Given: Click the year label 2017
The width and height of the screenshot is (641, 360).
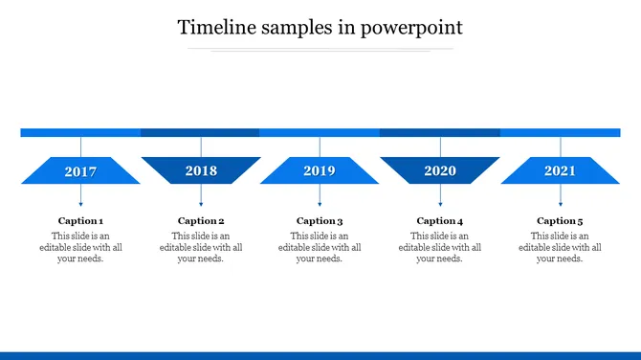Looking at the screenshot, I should point(80,172).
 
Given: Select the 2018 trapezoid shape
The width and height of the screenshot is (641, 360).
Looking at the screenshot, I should point(201,170).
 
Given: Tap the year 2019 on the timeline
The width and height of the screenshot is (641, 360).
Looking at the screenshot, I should point(320,171).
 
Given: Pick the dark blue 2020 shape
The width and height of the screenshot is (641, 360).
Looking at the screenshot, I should point(440,170).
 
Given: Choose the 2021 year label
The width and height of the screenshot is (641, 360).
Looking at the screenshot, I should point(560,171).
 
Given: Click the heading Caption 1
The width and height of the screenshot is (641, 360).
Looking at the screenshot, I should point(80,221).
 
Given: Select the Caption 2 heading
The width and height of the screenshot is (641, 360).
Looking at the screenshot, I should point(201,221).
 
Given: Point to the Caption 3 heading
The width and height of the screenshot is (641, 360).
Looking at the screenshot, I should point(320,221).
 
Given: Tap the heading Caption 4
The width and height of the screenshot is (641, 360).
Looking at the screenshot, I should point(440,221).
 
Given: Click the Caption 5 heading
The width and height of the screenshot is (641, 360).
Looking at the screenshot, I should point(560,221).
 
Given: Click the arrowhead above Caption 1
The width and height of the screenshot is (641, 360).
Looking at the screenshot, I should point(80,203).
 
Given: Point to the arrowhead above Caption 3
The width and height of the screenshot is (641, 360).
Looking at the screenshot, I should point(320,203).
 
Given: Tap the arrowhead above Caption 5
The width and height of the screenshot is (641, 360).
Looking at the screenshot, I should point(560,203).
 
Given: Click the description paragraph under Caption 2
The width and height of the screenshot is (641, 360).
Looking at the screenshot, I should point(201,247).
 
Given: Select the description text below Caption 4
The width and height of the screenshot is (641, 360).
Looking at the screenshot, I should point(440,247).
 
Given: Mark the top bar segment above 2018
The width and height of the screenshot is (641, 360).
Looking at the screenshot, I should point(200,133).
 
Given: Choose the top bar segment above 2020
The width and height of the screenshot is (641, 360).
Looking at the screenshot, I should point(440,133).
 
